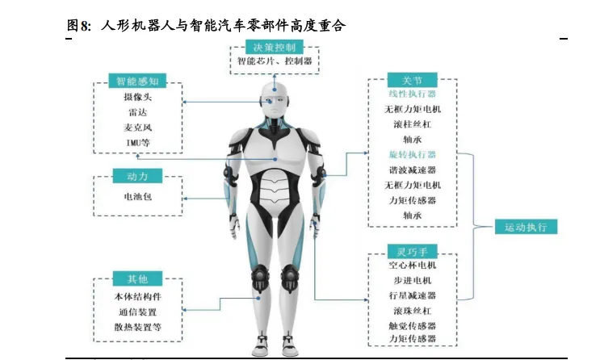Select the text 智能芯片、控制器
point(275,61)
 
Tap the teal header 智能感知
point(137,81)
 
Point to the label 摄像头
point(137,97)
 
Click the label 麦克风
point(137,128)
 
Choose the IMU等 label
point(137,143)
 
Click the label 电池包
point(136,195)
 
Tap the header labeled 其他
point(137,279)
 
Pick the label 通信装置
point(136,312)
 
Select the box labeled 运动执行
point(526,227)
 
